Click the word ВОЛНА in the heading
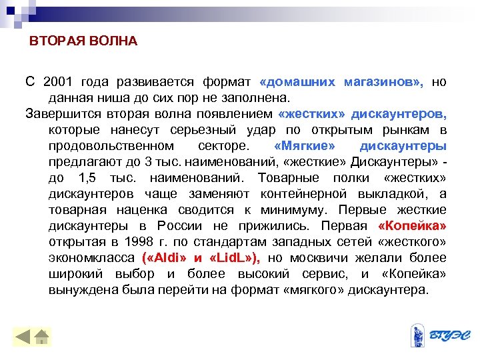(x=113, y=41)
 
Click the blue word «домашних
(x=299, y=82)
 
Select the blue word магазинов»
(x=383, y=82)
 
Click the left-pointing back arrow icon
(x=23, y=337)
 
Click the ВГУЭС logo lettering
(x=447, y=335)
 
